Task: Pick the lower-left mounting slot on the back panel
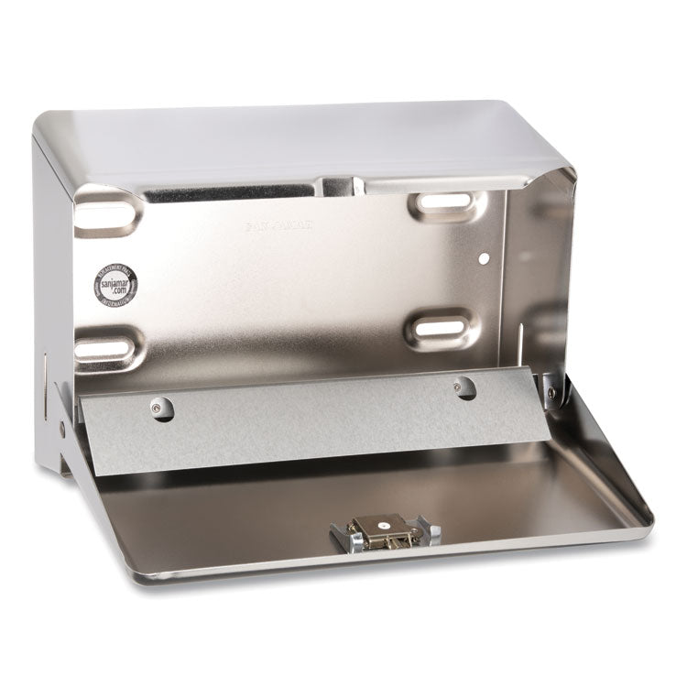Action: (101, 347)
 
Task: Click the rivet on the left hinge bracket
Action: (62, 427)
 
